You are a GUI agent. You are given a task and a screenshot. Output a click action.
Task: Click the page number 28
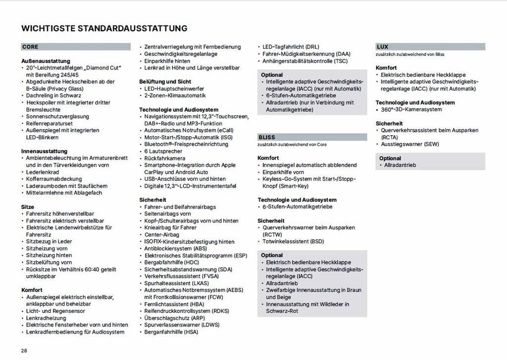tap(24, 351)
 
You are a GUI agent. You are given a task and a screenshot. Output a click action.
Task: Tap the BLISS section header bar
tap(312, 137)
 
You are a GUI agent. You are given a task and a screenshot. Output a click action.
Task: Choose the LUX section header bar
tap(430, 47)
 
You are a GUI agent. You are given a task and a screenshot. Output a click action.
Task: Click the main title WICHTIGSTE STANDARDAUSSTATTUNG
tap(104, 28)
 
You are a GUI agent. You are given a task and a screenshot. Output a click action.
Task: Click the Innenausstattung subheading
tap(44, 151)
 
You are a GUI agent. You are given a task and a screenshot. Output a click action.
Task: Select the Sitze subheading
tap(28, 206)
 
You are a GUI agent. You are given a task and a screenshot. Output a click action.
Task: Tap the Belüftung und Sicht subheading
tap(165, 81)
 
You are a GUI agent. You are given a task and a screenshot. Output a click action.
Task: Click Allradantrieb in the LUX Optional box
tap(400, 165)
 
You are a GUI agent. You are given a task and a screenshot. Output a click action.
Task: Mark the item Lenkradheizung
tap(47, 317)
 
